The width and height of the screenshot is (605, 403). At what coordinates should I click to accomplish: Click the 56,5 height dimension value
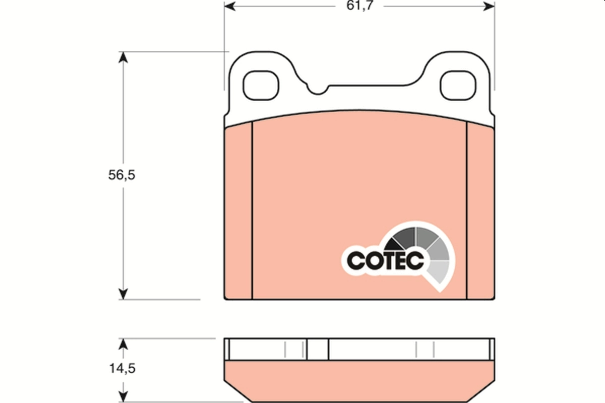coord(123,175)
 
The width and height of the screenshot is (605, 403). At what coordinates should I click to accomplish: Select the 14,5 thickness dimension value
coord(123,368)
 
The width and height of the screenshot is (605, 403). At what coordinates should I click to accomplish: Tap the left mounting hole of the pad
coord(261,85)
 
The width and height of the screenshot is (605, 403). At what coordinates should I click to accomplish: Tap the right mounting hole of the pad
coord(458,85)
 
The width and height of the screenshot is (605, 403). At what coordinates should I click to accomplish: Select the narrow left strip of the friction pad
coord(238,212)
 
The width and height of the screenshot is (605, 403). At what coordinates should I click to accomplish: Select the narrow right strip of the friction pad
coord(480,212)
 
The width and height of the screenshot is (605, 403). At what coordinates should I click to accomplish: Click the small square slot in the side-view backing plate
coord(318,349)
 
